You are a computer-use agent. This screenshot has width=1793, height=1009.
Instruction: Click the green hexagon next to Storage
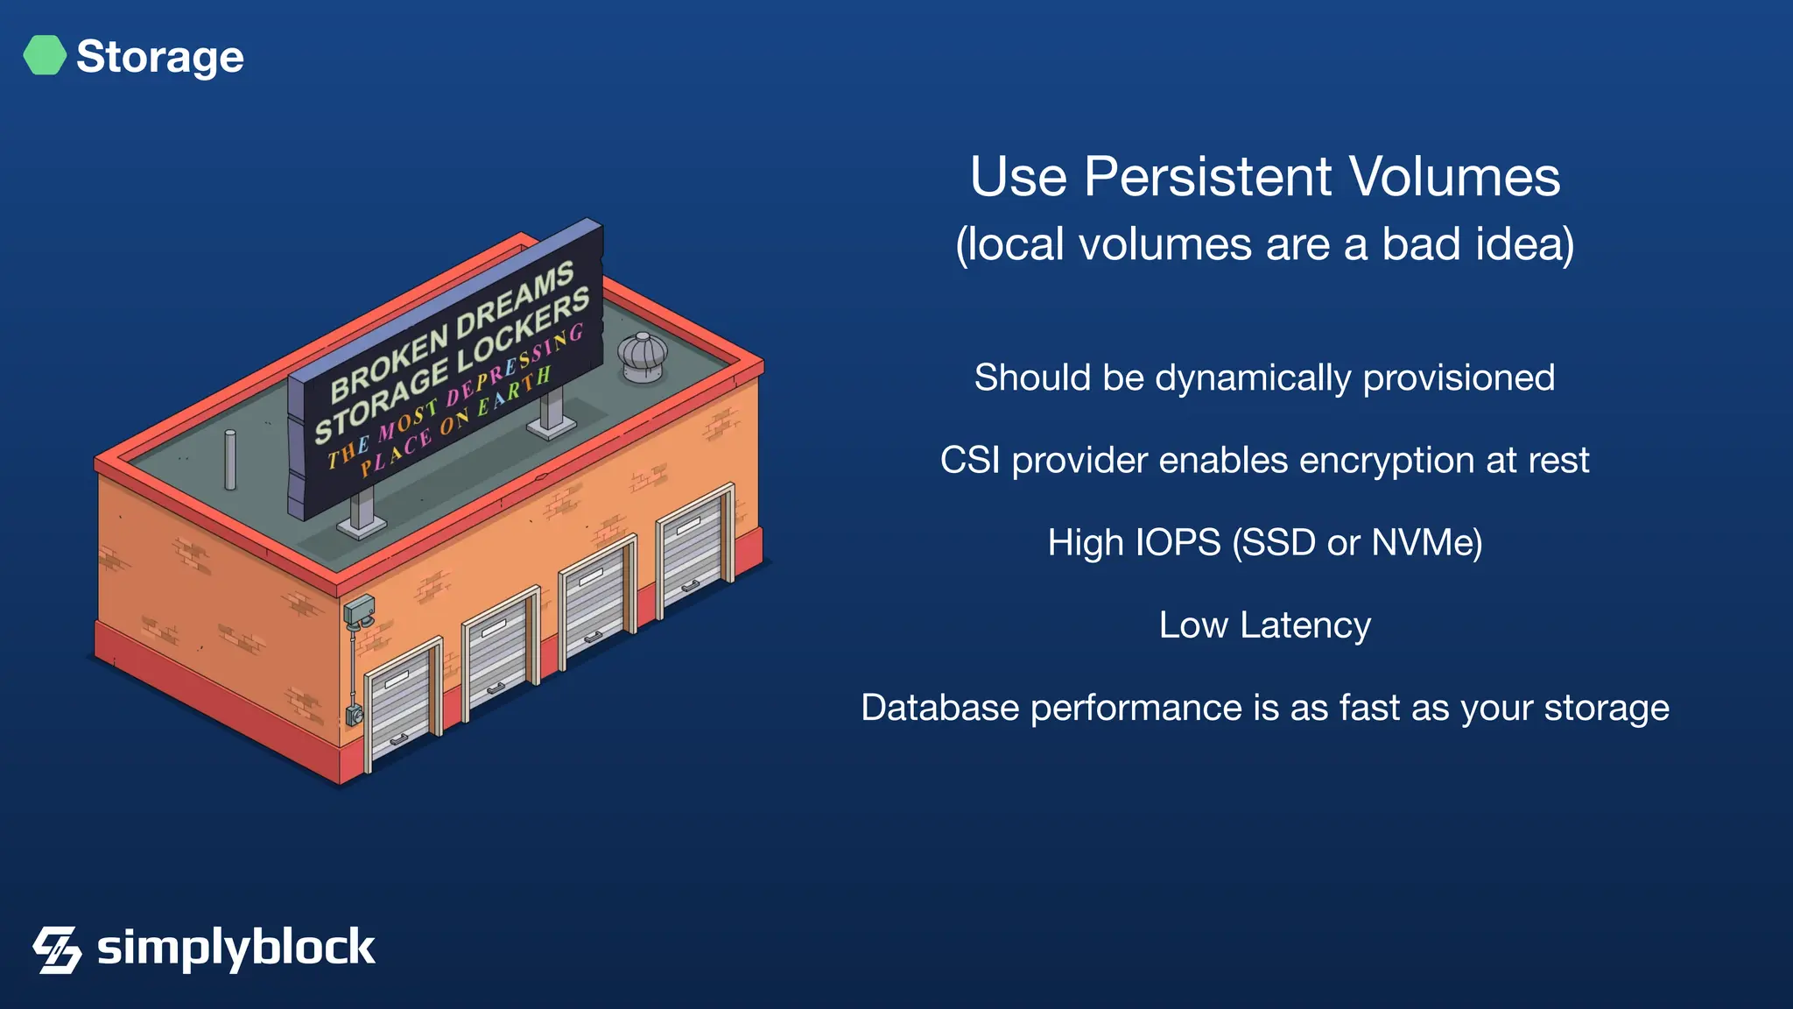pyautogui.click(x=45, y=55)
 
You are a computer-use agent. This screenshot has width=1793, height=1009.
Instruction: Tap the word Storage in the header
pyautogui.click(x=160, y=57)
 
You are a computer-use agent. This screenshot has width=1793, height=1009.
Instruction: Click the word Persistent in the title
pyautogui.click(x=1209, y=177)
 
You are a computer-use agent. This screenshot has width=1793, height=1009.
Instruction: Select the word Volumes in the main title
pyautogui.click(x=1454, y=177)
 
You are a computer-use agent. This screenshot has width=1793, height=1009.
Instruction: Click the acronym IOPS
pyautogui.click(x=1177, y=543)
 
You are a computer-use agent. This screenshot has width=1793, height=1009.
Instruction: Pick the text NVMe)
pyautogui.click(x=1426, y=543)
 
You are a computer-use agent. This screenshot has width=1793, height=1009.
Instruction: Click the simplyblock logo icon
pyautogui.click(x=57, y=949)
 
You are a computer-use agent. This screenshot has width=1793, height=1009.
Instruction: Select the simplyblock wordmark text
pyautogui.click(x=236, y=948)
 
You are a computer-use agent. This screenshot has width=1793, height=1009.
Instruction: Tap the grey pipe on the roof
pyautogui.click(x=230, y=460)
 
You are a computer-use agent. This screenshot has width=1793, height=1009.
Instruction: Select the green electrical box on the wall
pyautogui.click(x=359, y=609)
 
